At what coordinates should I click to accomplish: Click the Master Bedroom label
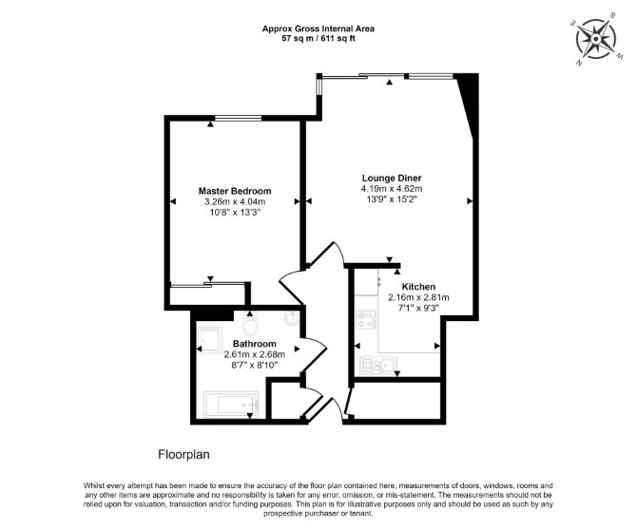[x=235, y=191]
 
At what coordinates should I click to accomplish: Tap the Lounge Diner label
[x=392, y=179]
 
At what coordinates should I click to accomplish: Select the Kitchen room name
[x=418, y=287]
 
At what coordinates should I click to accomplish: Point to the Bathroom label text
[x=254, y=344]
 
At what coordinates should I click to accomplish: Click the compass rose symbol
[x=595, y=39]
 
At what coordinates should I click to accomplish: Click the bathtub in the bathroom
[x=231, y=405]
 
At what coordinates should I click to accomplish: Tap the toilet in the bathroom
[x=250, y=324]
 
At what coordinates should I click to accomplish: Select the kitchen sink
[x=378, y=366]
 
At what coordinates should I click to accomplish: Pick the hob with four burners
[x=366, y=319]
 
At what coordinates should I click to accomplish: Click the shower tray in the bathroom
[x=209, y=340]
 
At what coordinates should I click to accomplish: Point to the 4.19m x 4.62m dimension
[x=392, y=189]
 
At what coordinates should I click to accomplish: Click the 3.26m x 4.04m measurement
[x=235, y=201]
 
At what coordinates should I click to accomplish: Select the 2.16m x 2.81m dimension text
[x=418, y=297]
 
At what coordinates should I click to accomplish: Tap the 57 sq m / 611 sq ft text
[x=318, y=39]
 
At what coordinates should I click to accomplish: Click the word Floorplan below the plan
[x=183, y=455]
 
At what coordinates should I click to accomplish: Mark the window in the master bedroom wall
[x=238, y=118]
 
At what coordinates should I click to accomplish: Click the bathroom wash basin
[x=291, y=319]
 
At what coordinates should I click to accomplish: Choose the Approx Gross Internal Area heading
[x=318, y=28]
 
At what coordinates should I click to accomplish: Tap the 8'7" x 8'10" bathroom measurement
[x=254, y=365]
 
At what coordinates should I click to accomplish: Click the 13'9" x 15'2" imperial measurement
[x=392, y=199]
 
